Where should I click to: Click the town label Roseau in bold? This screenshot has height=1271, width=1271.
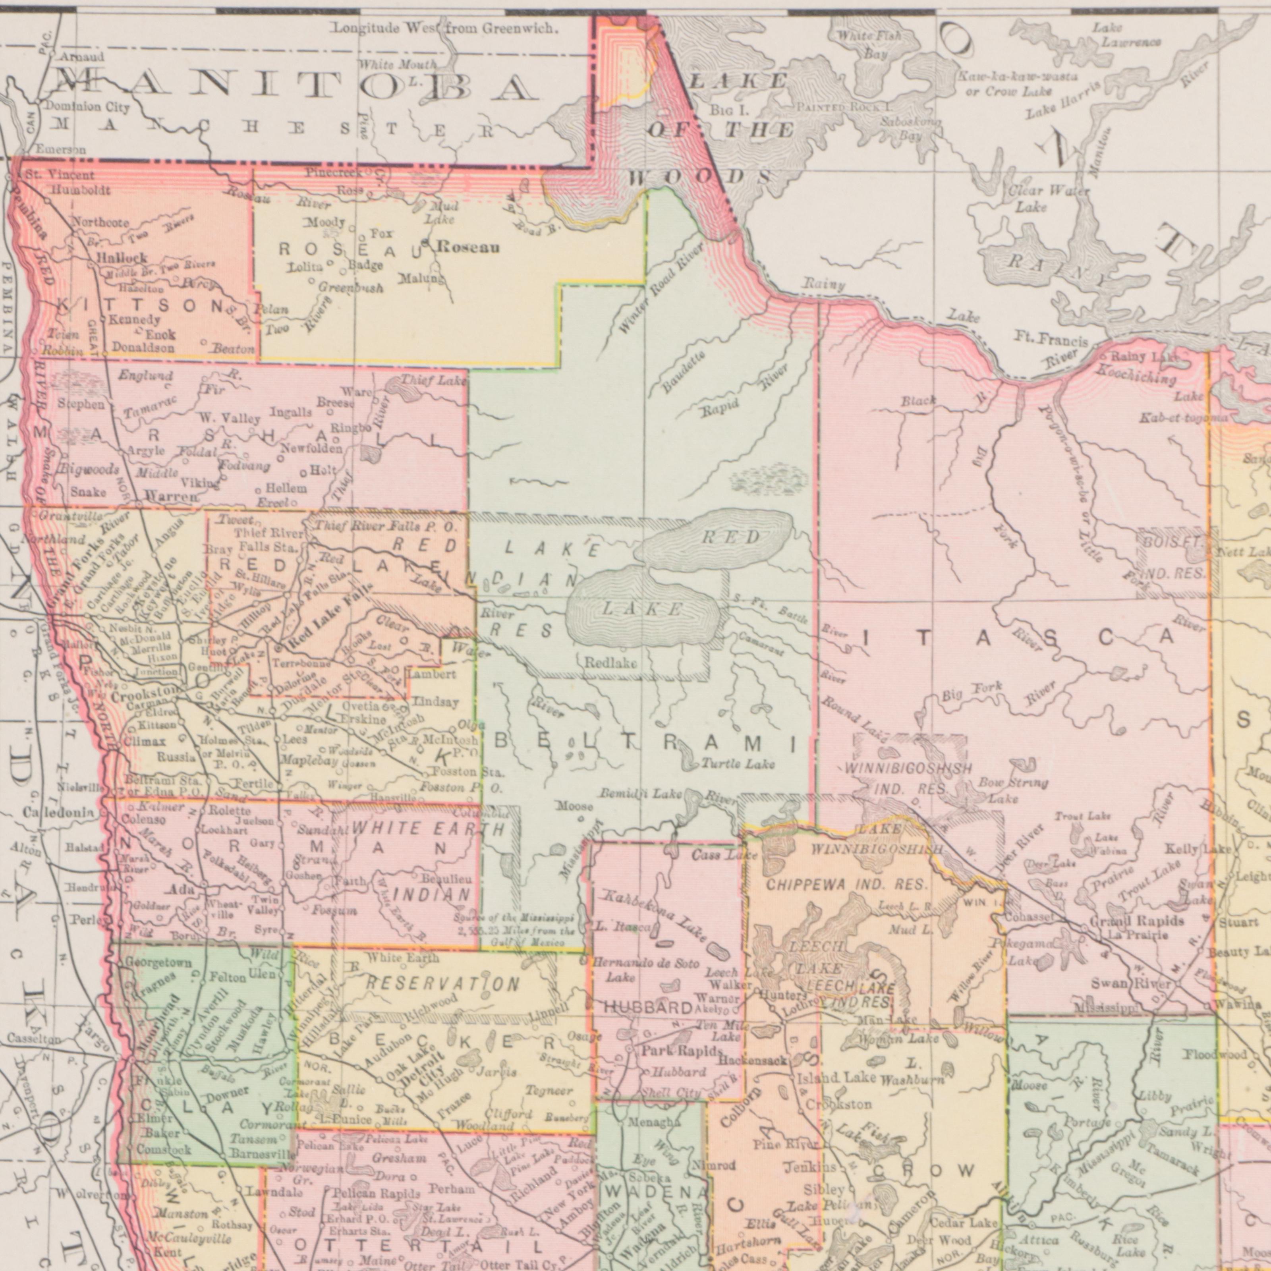(468, 248)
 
